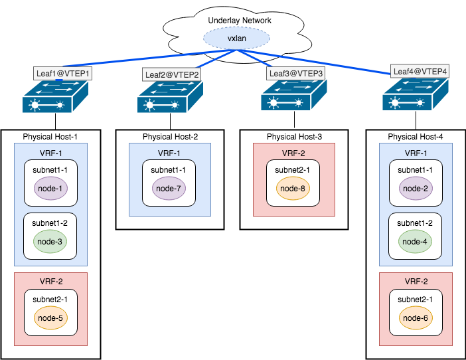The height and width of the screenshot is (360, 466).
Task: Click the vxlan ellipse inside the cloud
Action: click(237, 39)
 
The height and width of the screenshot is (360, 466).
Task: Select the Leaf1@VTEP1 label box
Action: click(62, 73)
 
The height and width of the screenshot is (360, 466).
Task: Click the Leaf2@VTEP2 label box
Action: click(171, 74)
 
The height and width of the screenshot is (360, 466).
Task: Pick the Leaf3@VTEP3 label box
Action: click(295, 73)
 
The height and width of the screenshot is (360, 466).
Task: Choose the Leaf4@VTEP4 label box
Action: click(420, 71)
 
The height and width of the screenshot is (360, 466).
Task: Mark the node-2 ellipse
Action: click(416, 189)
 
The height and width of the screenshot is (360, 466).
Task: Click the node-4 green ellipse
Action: click(416, 241)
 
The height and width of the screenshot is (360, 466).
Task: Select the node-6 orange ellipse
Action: click(416, 318)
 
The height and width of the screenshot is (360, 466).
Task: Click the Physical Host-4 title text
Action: click(416, 137)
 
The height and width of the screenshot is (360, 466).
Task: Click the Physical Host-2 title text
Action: click(170, 137)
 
